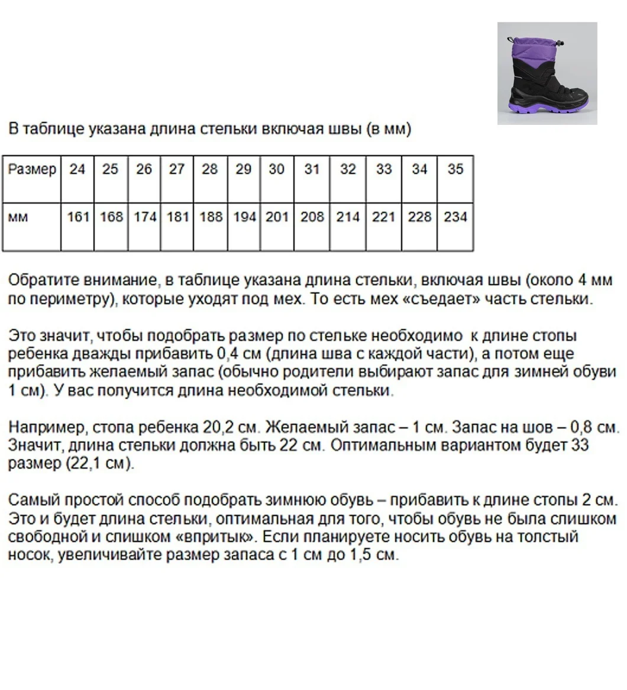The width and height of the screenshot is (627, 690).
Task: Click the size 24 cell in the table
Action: click(x=77, y=169)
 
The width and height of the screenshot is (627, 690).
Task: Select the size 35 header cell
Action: click(x=455, y=169)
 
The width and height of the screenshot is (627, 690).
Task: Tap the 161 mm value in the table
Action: click(x=77, y=217)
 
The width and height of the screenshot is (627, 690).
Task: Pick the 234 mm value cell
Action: click(x=455, y=217)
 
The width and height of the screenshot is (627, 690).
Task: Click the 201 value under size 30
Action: click(x=277, y=217)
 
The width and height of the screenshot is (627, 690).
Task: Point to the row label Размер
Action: click(x=32, y=169)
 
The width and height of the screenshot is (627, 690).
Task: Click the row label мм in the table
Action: click(x=18, y=218)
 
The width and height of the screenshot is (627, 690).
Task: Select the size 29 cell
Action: click(x=244, y=169)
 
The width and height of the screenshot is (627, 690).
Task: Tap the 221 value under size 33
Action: click(x=383, y=217)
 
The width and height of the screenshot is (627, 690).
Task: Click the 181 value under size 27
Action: click(x=177, y=217)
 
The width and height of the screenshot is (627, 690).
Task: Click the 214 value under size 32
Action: click(x=348, y=217)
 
